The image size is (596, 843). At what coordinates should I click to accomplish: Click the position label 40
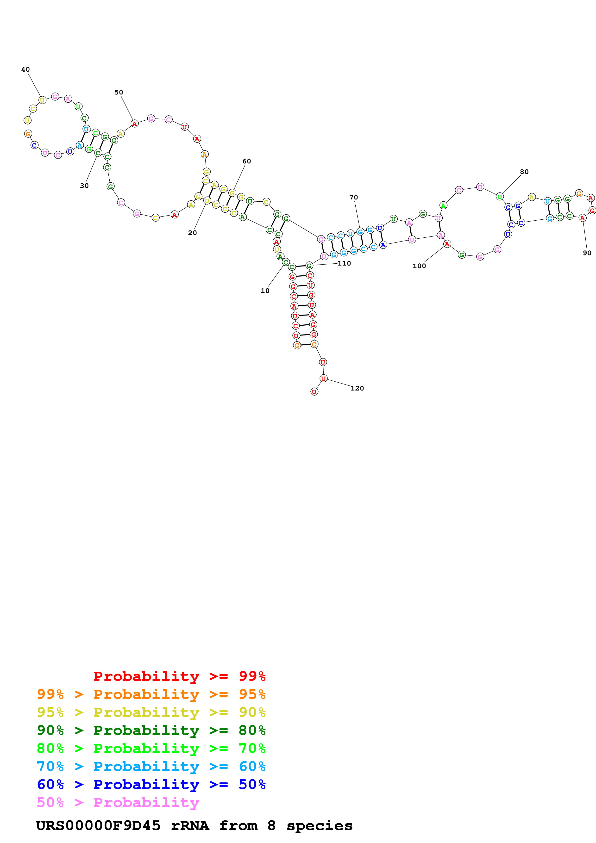coord(25,69)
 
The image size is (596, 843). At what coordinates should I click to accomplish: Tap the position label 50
coord(119,92)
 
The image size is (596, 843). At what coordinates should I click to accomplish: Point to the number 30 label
coord(84,186)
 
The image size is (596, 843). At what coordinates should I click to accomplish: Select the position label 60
coord(247,161)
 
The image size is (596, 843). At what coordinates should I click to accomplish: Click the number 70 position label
coord(354,197)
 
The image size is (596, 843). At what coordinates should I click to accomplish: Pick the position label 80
coord(524,172)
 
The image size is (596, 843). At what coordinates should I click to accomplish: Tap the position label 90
coord(587,253)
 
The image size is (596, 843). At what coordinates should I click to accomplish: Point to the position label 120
coord(357,388)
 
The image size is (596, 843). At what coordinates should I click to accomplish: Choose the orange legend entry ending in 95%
coord(151,694)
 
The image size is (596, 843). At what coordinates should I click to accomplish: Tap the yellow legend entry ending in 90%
coord(151,712)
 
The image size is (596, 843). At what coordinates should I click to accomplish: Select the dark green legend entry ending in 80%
coord(151,730)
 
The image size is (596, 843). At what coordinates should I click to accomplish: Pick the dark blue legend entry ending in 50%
coord(151,785)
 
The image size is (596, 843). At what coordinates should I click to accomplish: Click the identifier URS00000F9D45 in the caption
coord(98,826)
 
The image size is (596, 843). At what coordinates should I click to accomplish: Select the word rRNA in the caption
coord(190,826)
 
